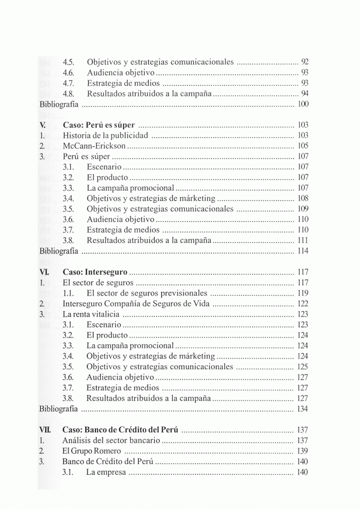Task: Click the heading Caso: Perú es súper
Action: [98, 125]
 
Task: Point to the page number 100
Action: [302, 104]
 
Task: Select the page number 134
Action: [302, 409]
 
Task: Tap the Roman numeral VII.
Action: [46, 429]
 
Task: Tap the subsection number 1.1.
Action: [68, 293]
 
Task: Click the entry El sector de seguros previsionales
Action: [146, 293]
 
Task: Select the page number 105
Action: [302, 146]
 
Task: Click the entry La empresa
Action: [106, 471]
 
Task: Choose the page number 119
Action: [302, 293]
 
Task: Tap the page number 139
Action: [302, 450]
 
